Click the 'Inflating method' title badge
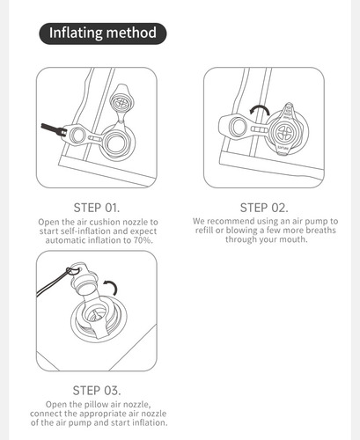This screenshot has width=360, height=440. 103,33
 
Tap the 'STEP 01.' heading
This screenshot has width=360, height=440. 97,208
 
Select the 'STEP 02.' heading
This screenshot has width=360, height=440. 264,208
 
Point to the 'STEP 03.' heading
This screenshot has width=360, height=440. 97,391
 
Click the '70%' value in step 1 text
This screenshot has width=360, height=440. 143,240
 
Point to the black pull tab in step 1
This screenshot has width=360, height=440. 53,129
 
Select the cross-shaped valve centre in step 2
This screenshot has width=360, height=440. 284,133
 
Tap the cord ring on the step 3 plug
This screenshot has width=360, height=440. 73,270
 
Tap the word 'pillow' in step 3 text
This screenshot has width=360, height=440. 96,404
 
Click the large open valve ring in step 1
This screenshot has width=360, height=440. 117,143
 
